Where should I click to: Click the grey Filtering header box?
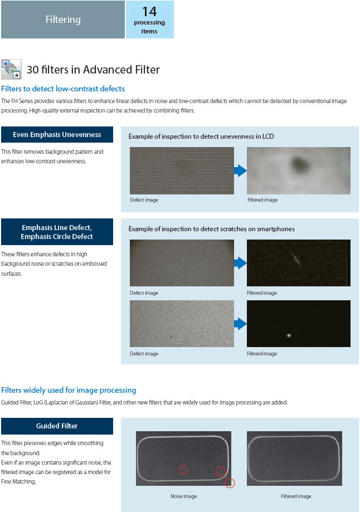62,19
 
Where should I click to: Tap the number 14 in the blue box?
149,11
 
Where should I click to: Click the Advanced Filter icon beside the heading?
12,69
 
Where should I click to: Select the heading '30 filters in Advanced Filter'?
93,70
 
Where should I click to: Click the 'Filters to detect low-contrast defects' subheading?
63,89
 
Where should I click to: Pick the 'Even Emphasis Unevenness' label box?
57,134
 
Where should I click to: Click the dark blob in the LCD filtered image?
301,163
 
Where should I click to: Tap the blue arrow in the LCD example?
240,170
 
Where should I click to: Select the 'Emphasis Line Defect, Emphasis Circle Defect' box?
57,232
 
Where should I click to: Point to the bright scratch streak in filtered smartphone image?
294,257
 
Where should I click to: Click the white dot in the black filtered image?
289,335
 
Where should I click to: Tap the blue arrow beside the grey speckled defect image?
240,324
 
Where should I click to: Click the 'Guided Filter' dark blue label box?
57,426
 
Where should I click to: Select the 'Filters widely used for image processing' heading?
69,390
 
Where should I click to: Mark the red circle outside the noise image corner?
230,484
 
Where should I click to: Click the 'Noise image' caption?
183,496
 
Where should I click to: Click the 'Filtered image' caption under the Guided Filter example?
296,496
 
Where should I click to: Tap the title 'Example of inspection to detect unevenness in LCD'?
201,136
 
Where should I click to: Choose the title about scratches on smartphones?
211,229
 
